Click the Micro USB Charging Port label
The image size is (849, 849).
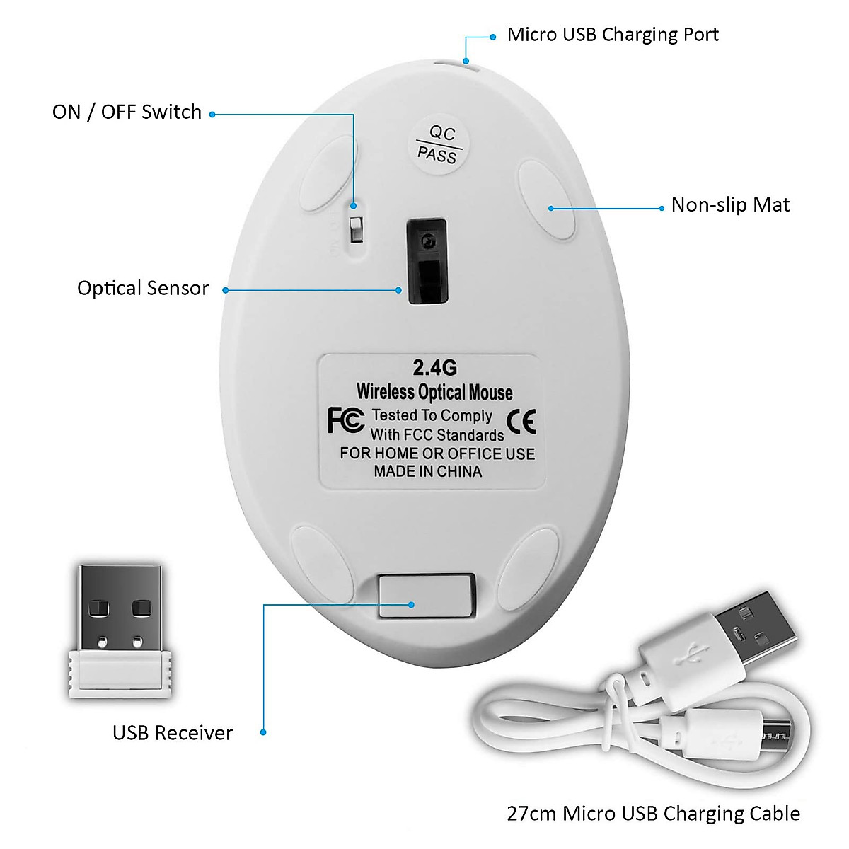pyautogui.click(x=613, y=35)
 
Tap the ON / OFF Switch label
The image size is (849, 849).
pyautogui.click(x=127, y=112)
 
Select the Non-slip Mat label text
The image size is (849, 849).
pyautogui.click(x=730, y=205)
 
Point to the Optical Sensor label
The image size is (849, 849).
pyautogui.click(x=143, y=288)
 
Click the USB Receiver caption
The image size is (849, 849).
pyautogui.click(x=172, y=733)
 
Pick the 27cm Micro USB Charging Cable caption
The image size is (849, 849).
pyautogui.click(x=653, y=814)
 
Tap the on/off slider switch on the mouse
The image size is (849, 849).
pyautogui.click(x=356, y=227)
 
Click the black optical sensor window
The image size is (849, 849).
pyautogui.click(x=427, y=261)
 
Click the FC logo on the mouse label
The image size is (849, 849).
pyautogui.click(x=346, y=420)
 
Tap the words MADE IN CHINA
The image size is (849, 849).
pyautogui.click(x=427, y=472)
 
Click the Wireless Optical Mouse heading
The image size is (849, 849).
pyautogui.click(x=434, y=392)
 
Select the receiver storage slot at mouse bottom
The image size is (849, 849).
pyautogui.click(x=425, y=596)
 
